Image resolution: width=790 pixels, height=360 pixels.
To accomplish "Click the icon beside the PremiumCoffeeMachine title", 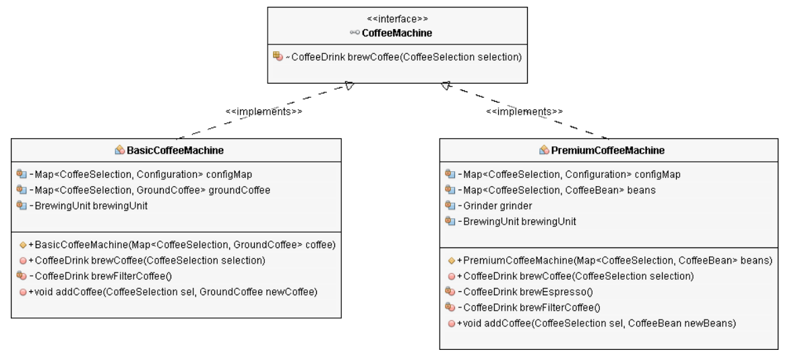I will coord(545,149).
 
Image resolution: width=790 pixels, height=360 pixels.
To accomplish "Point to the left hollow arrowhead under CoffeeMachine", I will coord(348,86).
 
